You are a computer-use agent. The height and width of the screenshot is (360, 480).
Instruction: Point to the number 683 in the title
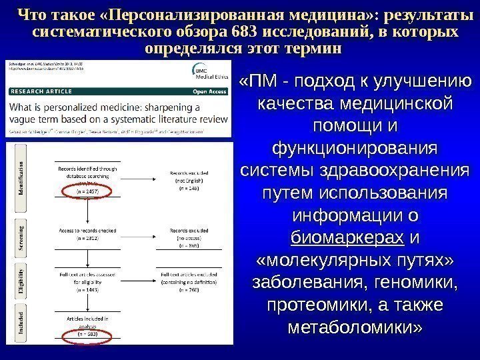[246, 31]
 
